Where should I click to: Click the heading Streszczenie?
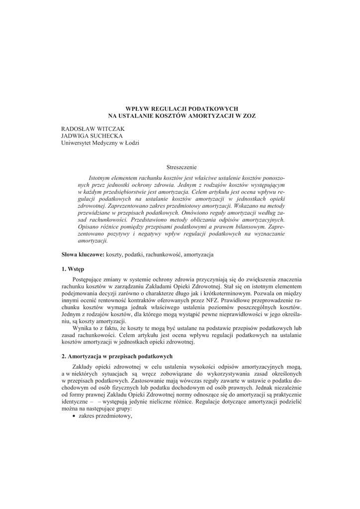click(x=181, y=168)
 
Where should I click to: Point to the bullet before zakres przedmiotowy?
click(x=74, y=416)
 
